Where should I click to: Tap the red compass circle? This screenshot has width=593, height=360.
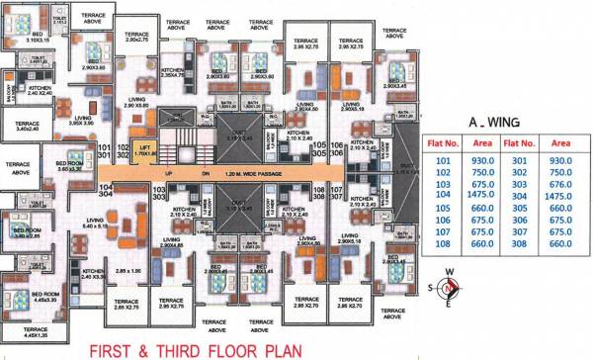click(x=450, y=289)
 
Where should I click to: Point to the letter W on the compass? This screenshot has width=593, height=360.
click(x=450, y=274)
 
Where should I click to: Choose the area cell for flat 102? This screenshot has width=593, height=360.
click(x=482, y=172)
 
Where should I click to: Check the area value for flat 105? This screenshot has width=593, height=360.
click(x=482, y=208)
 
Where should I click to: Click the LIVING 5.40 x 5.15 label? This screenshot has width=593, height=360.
click(x=96, y=224)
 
